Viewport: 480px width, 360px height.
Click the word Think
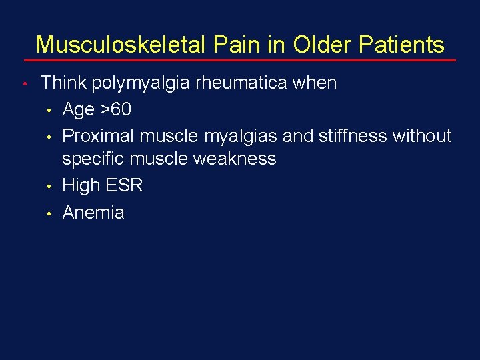tap(64, 83)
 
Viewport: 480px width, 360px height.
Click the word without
tap(422, 135)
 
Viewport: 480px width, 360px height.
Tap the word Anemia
tap(93, 212)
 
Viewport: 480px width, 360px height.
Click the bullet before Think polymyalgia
tap(23, 85)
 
